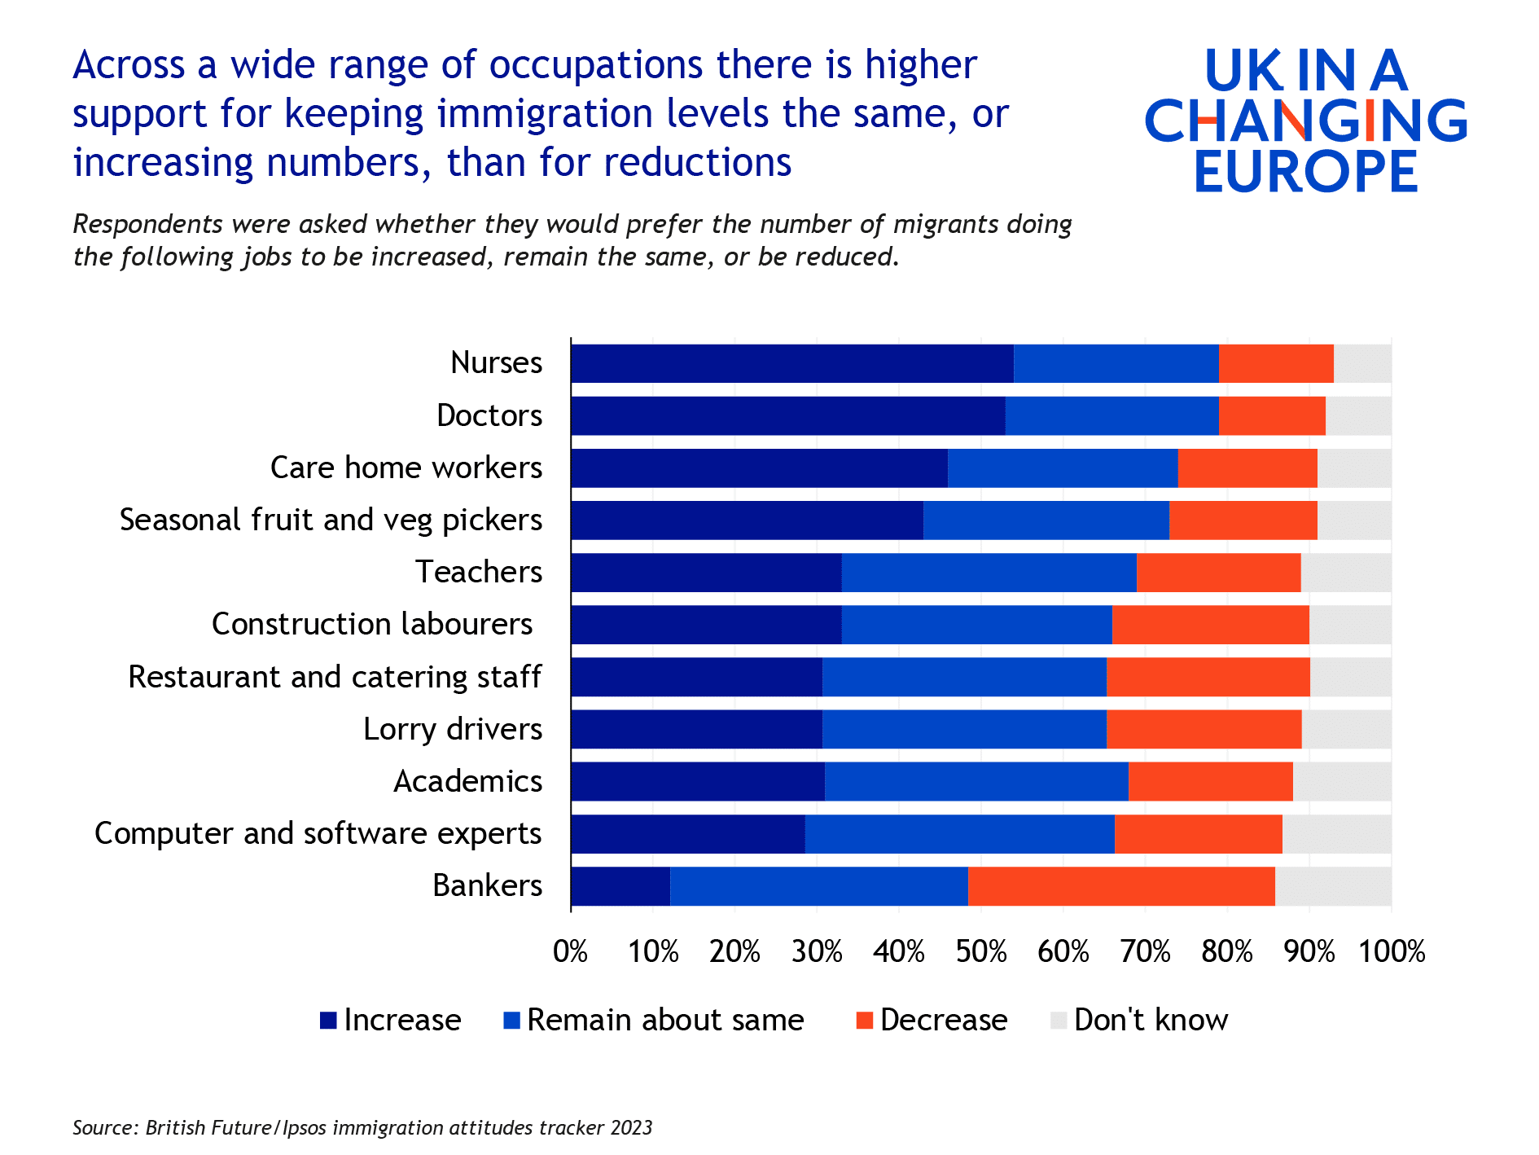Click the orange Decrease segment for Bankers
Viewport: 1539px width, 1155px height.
pos(1121,886)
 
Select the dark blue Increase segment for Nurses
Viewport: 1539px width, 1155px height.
pos(792,363)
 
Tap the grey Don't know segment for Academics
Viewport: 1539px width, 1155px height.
pos(1341,782)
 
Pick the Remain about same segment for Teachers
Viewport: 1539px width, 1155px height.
pos(989,573)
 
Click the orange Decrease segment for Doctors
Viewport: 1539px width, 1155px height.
pos(1272,416)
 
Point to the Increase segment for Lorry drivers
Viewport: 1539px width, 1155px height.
pos(697,729)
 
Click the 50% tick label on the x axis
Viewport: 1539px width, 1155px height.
pos(981,951)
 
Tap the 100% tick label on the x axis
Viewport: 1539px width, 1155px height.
pos(1392,951)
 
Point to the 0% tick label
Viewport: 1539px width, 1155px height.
pos(571,951)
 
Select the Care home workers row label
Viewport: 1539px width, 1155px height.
pos(406,468)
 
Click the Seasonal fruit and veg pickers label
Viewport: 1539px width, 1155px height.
pos(331,520)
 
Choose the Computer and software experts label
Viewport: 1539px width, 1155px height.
pos(318,833)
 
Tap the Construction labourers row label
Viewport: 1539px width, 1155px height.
pos(372,624)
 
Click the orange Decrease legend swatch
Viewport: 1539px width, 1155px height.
pos(865,1021)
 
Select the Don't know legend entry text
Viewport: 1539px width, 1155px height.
pos(1151,1020)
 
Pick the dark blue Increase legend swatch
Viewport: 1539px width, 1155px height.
pos(328,1021)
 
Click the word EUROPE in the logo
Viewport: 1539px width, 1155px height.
pos(1306,171)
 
